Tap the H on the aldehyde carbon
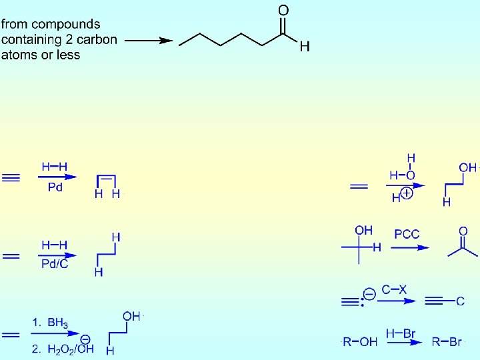[x=304, y=47]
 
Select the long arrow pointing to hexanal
[x=149, y=40]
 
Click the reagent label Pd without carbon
[x=55, y=188]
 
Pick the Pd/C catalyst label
[x=55, y=264]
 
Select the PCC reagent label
[x=407, y=234]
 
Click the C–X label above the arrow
[x=394, y=290]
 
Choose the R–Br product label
[x=447, y=342]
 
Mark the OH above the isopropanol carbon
[x=363, y=230]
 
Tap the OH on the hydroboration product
[x=131, y=316]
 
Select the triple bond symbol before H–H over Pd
[x=11, y=178]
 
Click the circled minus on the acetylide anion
[x=369, y=293]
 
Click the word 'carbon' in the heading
[x=98, y=39]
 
